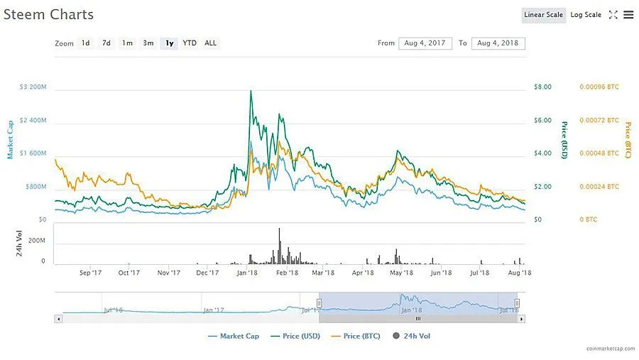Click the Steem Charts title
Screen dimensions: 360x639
[x=48, y=14]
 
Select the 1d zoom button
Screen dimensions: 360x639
[x=85, y=43]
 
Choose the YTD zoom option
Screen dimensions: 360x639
[x=190, y=43]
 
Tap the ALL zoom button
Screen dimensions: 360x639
[x=211, y=43]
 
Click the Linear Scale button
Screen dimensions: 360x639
[x=543, y=15]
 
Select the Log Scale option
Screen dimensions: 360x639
[x=586, y=15]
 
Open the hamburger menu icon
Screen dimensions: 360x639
[x=628, y=15]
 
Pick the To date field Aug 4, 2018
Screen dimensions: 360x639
[x=498, y=43]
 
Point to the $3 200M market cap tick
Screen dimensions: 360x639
[x=33, y=87]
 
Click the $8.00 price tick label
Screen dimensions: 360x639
[x=542, y=87]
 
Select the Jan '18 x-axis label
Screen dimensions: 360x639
[x=246, y=272]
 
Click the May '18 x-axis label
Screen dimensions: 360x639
[x=402, y=272]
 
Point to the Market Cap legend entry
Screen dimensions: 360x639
[x=234, y=336]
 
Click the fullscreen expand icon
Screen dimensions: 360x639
[x=613, y=15]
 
